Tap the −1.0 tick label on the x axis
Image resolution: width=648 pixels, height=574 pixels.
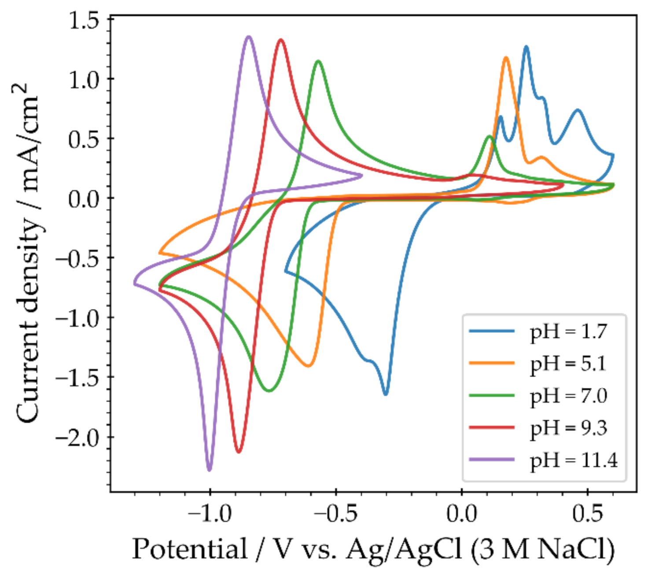210,514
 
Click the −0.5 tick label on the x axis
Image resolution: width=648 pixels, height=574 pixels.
335,514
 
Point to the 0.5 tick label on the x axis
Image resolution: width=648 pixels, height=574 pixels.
588,514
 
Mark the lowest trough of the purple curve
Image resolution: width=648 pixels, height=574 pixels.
209,470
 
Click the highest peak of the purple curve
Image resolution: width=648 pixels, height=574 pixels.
249,37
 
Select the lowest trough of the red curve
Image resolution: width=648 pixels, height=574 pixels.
239,452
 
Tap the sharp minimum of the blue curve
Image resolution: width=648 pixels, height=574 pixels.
386,394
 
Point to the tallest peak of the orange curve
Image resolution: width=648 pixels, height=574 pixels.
506,57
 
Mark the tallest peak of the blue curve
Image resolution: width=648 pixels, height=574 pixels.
526,46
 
